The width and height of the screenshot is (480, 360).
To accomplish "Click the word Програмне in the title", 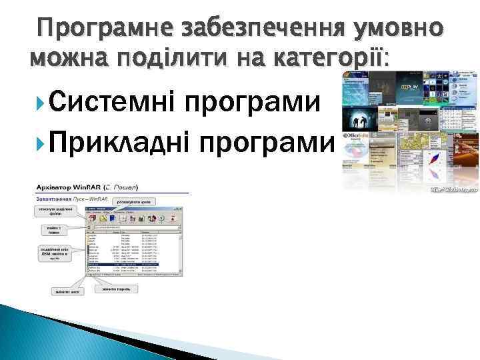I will click(x=99, y=29).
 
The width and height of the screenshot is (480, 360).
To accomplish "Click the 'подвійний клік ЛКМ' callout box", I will click(x=55, y=257).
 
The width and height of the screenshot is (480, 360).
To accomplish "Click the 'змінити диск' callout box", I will click(x=69, y=291).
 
